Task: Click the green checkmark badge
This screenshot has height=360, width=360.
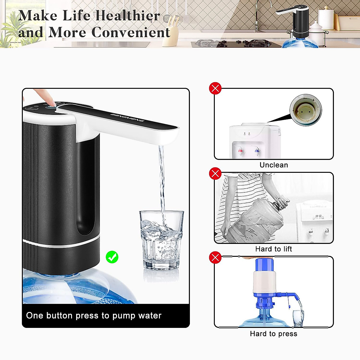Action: (112, 257)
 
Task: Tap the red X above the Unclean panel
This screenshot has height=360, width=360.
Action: (215, 88)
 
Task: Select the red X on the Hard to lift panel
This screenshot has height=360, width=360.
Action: (215, 173)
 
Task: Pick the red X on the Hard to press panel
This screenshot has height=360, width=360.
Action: (215, 257)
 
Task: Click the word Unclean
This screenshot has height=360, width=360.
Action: (274, 165)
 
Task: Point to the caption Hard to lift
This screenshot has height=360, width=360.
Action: (274, 249)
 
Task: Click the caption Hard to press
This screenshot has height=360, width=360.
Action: (274, 334)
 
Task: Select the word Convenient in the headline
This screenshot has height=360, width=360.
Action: (131, 32)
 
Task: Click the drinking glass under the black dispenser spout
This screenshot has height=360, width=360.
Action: (161, 240)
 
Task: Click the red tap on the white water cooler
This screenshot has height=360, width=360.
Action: (240, 150)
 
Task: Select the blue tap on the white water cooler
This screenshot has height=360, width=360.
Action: (257, 150)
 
